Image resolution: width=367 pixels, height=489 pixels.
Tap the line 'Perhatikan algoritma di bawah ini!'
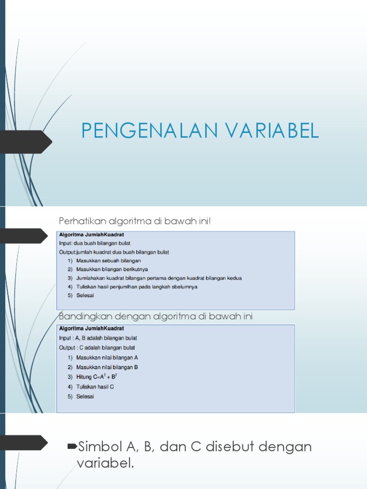point(134,221)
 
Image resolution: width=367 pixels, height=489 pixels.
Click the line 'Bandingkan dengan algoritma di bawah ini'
point(155,316)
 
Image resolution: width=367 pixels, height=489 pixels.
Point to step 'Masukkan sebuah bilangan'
point(108,261)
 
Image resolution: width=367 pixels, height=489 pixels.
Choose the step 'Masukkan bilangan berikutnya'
point(112,269)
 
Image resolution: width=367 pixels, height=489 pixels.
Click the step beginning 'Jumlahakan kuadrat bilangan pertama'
point(159,278)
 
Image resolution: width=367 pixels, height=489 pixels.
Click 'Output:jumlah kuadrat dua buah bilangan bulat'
point(114,252)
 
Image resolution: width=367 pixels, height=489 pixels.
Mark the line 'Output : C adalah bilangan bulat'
point(97,348)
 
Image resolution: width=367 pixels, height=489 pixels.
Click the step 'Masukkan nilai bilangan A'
point(107,357)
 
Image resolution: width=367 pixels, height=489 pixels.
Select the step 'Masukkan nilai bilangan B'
point(107,367)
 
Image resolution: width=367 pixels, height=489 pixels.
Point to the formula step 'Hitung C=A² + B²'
point(97,377)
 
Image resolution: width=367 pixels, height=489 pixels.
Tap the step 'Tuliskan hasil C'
point(95,387)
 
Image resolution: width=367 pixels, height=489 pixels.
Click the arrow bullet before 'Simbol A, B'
point(72,446)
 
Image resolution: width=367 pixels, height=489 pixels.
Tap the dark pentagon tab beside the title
point(26,142)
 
